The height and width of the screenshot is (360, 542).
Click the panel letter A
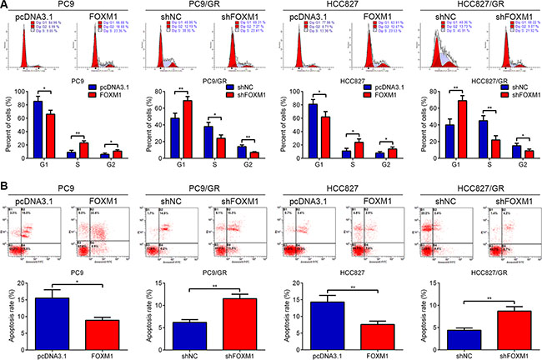pos(6,6)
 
